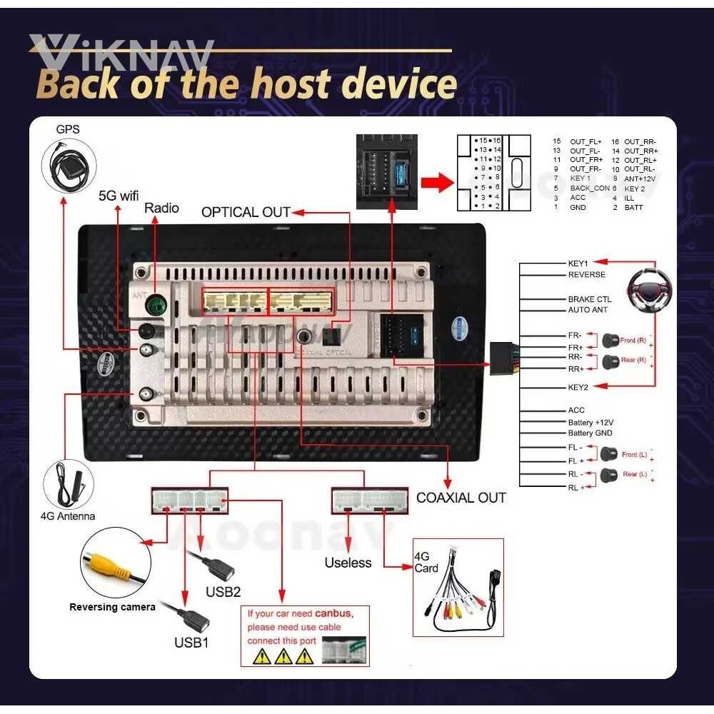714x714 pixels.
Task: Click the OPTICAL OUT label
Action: (x=246, y=212)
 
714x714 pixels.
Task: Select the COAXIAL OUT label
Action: (x=461, y=498)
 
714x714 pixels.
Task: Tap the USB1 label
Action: (x=192, y=642)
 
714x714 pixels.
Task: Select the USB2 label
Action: (x=223, y=592)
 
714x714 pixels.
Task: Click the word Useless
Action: (x=348, y=563)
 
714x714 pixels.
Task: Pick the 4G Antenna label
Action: (x=68, y=516)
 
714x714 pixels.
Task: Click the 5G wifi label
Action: (x=119, y=194)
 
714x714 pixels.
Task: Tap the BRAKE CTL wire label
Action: (x=590, y=299)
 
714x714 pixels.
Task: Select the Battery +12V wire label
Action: (x=590, y=422)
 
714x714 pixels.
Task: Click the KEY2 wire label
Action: (x=578, y=387)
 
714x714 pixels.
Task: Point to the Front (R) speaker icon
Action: (x=610, y=341)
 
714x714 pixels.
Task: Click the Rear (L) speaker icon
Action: (x=609, y=475)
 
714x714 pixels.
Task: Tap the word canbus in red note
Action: (x=333, y=613)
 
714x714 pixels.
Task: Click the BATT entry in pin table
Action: (x=634, y=207)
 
